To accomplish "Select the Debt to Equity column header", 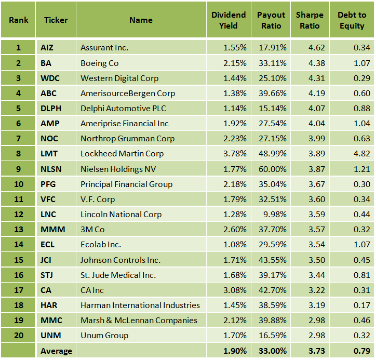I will tap(352, 20).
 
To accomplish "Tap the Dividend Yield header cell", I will tap(229, 20).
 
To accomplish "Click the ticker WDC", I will tap(49, 78).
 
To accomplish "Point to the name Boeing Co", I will tap(99, 63).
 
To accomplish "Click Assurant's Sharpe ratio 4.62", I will tap(317, 48).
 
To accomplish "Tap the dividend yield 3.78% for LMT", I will tap(235, 154).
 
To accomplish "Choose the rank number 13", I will tap(18, 230).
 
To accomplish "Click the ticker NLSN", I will tap(50, 169).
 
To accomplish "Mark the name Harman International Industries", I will tap(140, 305).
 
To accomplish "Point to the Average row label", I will tap(56, 351).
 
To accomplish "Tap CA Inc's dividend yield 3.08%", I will tap(235, 290).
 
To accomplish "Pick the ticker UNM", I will tap(49, 336).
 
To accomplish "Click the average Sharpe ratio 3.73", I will tap(316, 351).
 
